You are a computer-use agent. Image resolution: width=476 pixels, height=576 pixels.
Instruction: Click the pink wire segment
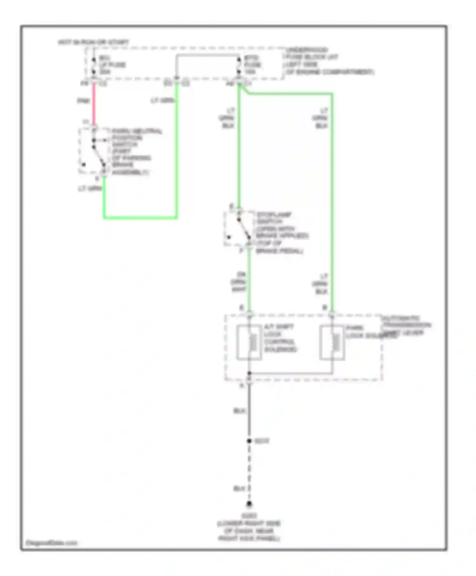[x=94, y=105]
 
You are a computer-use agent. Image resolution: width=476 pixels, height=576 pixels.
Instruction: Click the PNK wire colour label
[x=83, y=101]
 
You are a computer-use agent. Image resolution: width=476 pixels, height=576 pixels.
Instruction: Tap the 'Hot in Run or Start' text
[x=93, y=42]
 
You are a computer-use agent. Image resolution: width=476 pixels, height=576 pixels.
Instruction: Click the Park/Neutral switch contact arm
[x=99, y=156]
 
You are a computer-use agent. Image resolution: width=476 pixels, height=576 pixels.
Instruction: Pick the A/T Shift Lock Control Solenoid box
[x=249, y=343]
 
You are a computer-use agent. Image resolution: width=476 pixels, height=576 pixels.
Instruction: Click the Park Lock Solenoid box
[x=332, y=343]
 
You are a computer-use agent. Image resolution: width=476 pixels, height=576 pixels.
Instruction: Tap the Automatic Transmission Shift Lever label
[x=406, y=325]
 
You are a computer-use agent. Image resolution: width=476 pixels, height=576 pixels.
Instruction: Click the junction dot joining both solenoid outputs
[x=249, y=373]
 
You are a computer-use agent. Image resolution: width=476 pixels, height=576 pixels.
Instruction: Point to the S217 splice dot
[x=249, y=441]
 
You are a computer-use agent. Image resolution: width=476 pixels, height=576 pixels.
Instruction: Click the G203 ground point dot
[x=249, y=504]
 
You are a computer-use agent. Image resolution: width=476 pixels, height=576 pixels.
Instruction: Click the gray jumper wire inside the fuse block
[x=208, y=55]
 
